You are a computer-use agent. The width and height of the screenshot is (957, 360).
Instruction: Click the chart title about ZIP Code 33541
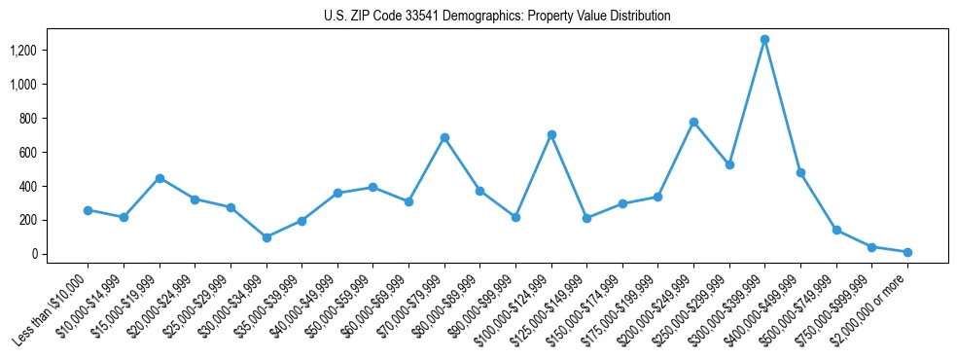coord(497,16)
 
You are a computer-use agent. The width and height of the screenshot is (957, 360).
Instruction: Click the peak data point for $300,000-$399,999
coord(764,40)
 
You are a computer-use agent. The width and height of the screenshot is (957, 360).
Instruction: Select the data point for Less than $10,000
coord(88,210)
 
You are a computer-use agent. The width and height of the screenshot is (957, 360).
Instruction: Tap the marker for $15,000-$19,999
coord(159,178)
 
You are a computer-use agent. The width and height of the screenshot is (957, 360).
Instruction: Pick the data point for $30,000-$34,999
coord(266,237)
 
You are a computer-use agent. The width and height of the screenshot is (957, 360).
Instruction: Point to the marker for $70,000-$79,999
coord(444,138)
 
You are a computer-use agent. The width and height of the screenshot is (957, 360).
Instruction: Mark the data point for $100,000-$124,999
coord(551,134)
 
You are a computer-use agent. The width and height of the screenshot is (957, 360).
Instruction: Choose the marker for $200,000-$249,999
coord(693,123)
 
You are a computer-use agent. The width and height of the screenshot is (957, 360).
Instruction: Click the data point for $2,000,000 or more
coord(907,252)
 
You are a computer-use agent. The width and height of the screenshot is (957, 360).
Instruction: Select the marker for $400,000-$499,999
coord(800,173)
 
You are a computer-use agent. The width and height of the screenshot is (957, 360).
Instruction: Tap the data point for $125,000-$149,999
coord(586,218)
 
